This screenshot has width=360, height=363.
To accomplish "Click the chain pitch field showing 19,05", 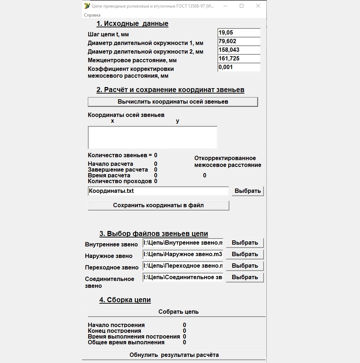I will [239, 33].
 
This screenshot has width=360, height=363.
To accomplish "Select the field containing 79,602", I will [239, 41].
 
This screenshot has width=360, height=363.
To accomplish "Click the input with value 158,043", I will [239, 50].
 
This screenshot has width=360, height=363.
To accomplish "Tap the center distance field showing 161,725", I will [239, 59].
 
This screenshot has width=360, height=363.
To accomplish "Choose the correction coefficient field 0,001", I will [239, 67].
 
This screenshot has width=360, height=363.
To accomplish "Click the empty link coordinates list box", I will [153, 137].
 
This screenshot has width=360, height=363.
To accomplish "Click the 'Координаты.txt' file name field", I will [158, 191].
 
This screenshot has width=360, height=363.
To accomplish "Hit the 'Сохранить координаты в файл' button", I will [158, 205].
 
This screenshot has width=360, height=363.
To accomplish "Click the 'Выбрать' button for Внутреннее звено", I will [245, 243].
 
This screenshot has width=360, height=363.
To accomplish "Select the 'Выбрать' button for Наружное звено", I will [245, 254].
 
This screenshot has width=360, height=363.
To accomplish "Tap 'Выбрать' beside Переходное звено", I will [245, 266].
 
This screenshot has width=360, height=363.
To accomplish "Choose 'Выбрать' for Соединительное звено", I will [245, 277].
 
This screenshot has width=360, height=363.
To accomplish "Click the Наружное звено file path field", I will [183, 254].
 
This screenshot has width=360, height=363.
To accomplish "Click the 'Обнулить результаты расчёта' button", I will [174, 355].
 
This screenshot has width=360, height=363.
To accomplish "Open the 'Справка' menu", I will [92, 15].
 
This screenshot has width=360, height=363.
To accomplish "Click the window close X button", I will [258, 6].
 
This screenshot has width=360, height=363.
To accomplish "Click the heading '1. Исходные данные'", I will [132, 24].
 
